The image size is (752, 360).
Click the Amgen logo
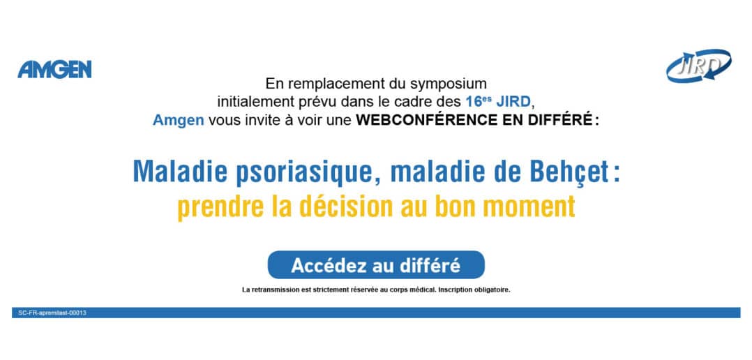click(x=54, y=70)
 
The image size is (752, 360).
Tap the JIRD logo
click(x=698, y=66)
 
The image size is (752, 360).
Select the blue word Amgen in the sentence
click(x=179, y=120)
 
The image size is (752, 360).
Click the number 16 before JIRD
click(x=472, y=102)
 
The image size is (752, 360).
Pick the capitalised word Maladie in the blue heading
click(x=180, y=171)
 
